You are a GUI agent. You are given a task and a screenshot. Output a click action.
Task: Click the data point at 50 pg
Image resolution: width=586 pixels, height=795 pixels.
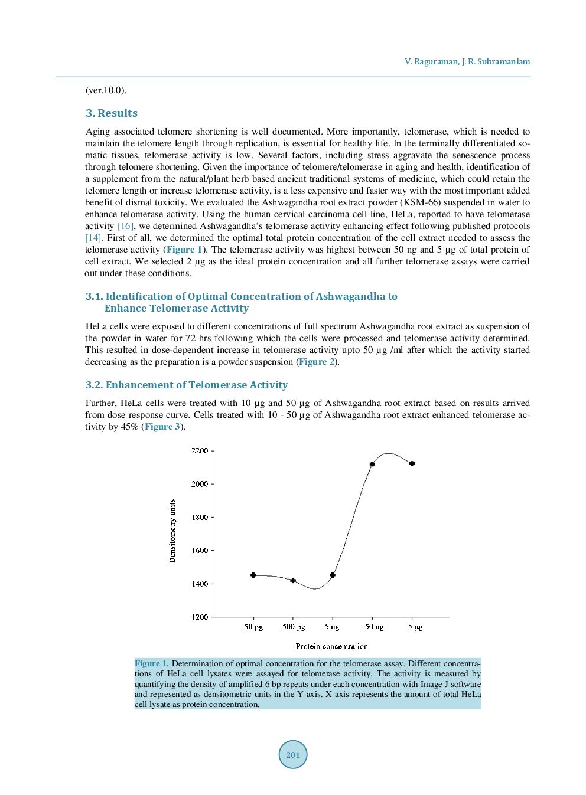tap(253, 575)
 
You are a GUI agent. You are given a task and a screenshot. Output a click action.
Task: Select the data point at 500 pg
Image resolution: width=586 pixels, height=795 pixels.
tap(293, 580)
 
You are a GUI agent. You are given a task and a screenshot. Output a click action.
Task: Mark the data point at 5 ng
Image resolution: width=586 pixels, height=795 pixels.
tap(333, 575)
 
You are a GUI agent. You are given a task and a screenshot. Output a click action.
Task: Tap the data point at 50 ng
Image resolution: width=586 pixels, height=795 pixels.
tap(372, 464)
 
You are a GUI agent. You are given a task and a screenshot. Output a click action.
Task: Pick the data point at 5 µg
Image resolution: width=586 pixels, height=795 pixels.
tap(412, 463)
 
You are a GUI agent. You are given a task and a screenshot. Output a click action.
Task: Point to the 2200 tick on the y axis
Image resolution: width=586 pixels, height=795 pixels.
tap(200, 451)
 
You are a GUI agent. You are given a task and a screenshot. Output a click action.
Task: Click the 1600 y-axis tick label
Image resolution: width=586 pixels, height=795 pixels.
tap(200, 551)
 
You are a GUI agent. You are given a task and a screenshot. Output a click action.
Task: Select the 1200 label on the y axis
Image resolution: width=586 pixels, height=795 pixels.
tap(200, 617)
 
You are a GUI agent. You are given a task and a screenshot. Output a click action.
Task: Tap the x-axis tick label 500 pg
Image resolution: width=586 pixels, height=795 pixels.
tap(294, 627)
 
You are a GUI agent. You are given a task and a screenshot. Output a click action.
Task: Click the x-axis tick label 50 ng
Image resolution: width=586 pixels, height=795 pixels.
tap(374, 627)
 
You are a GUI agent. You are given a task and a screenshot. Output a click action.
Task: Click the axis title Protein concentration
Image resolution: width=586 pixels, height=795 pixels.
tap(331, 646)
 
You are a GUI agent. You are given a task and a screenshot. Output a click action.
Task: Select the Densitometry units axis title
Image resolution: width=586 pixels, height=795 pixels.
tap(172, 531)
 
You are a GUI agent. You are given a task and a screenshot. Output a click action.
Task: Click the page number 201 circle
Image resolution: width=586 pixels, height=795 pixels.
tap(293, 754)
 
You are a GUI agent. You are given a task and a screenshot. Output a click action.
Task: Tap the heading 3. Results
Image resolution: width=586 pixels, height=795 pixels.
tap(112, 113)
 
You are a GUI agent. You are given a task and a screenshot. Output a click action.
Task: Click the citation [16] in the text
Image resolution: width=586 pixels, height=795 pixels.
tap(125, 226)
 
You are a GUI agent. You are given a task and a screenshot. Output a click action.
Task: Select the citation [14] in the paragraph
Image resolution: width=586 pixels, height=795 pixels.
tap(93, 238)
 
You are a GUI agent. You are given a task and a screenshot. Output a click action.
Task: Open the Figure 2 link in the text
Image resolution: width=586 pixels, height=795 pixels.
tap(317, 362)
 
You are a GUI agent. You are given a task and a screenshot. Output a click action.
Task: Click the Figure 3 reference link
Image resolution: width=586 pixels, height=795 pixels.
tap(162, 427)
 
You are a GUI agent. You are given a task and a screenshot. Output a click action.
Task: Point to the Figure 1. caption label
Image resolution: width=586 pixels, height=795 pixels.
tap(151, 663)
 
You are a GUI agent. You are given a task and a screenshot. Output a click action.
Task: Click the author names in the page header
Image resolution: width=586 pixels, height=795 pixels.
tap(467, 61)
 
